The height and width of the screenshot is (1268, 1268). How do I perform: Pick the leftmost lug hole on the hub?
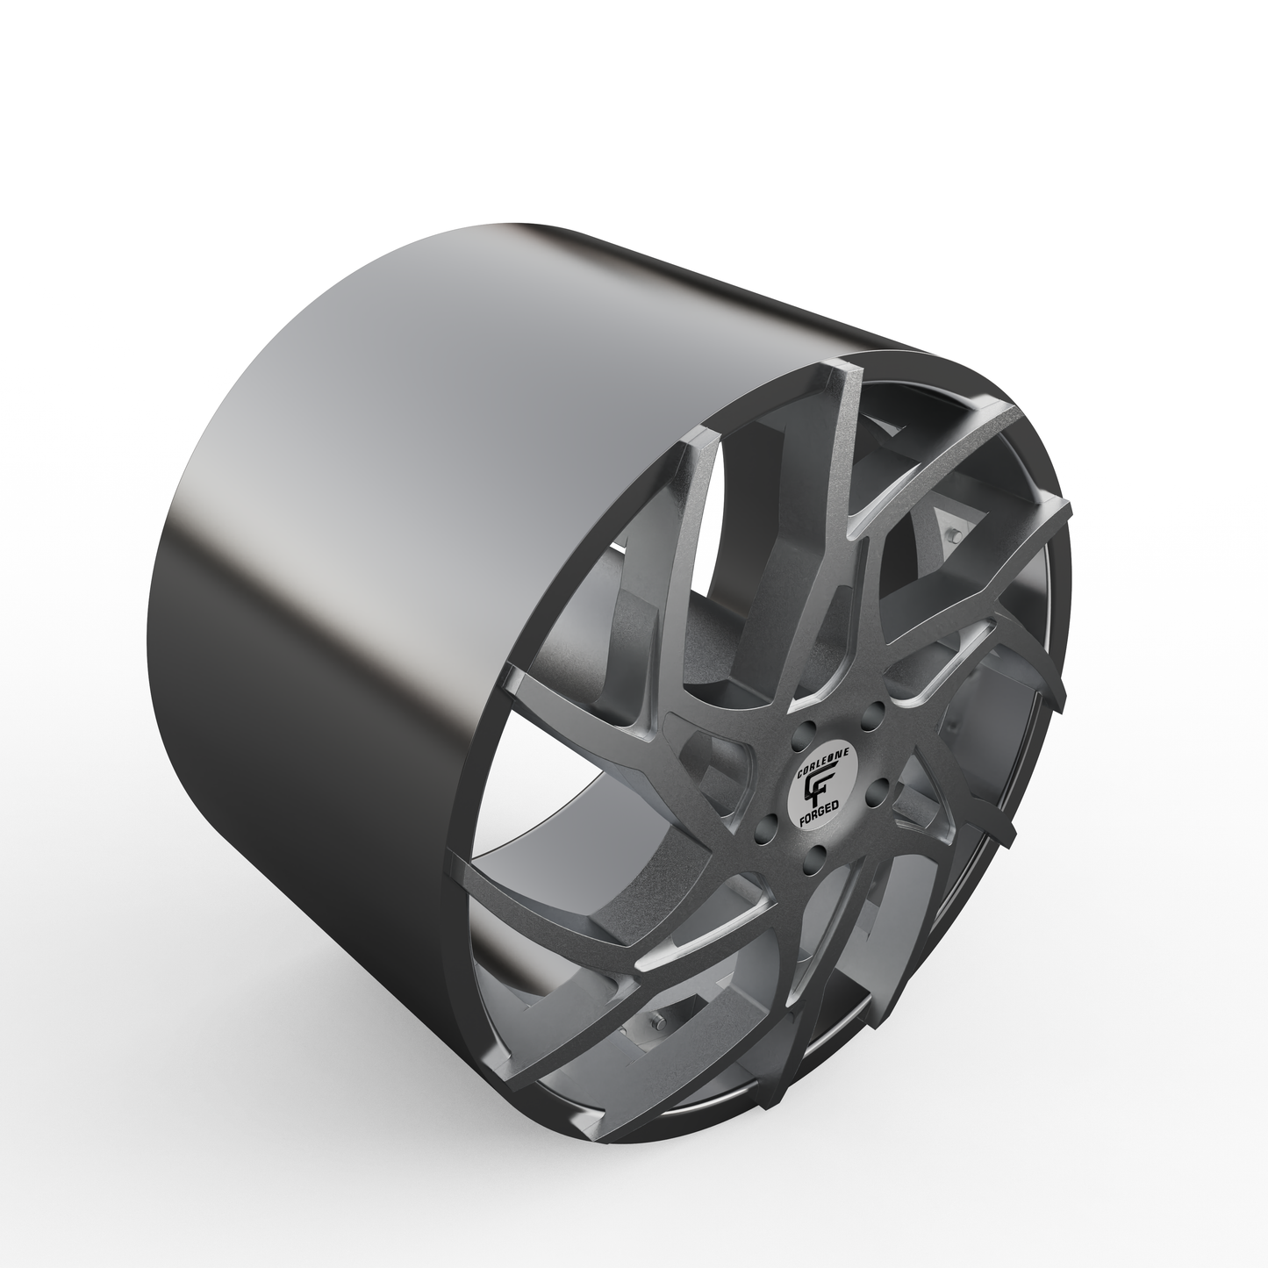767,822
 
